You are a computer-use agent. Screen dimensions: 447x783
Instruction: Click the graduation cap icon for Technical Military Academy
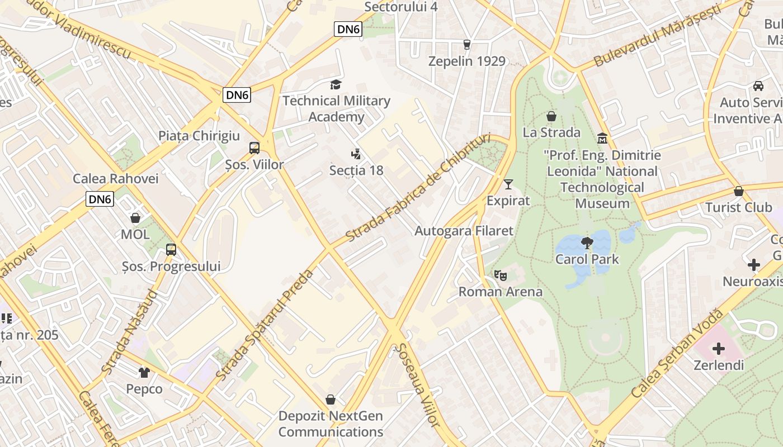click(x=336, y=84)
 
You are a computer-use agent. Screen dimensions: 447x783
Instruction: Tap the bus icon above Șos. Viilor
click(x=254, y=148)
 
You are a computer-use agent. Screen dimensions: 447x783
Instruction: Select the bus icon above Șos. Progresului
click(x=171, y=250)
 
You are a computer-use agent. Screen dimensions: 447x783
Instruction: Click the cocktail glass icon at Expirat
click(x=508, y=184)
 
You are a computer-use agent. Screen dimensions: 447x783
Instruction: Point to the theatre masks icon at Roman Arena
click(x=500, y=275)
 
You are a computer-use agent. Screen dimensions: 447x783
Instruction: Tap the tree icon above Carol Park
click(x=587, y=242)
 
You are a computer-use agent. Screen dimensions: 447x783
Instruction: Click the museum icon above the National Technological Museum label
click(x=602, y=138)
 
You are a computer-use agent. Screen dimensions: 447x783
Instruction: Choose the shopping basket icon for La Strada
click(x=551, y=116)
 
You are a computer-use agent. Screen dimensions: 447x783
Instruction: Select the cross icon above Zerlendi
click(x=719, y=349)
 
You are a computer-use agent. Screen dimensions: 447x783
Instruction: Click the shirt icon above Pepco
click(x=144, y=372)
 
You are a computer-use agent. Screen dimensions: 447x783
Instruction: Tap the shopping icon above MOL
click(x=135, y=218)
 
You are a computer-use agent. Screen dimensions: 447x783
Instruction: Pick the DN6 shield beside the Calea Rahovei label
click(x=100, y=199)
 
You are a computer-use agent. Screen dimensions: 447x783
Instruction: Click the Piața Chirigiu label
click(x=199, y=136)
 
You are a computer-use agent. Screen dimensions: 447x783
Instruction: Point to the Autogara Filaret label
click(x=464, y=231)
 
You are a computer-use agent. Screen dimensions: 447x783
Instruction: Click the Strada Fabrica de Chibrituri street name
click(x=418, y=187)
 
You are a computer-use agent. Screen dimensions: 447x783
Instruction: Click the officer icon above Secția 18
click(x=356, y=154)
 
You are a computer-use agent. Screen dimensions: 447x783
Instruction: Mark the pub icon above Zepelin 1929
click(x=467, y=45)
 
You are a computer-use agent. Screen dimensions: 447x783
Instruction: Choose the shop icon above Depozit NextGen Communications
click(x=331, y=400)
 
